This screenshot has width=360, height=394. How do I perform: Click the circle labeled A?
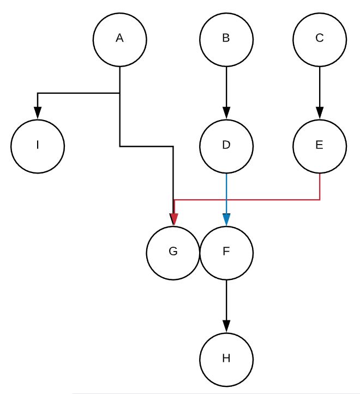(x=119, y=39)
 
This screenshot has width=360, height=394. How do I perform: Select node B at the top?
(x=226, y=39)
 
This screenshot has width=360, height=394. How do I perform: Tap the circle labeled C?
(x=320, y=39)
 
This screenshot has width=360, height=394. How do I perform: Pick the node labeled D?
(x=226, y=146)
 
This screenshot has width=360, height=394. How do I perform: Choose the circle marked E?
(x=320, y=146)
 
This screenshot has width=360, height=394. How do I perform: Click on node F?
(x=226, y=252)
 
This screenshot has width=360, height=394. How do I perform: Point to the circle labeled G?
(x=173, y=252)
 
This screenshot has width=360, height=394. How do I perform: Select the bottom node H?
(x=226, y=359)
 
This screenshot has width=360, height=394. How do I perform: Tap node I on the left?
(x=38, y=146)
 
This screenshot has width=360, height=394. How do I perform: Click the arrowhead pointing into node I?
(x=38, y=113)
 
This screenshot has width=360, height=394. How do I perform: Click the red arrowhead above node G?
(x=173, y=219)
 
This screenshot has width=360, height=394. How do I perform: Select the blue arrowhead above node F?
(x=226, y=219)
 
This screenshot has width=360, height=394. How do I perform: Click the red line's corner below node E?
(x=320, y=200)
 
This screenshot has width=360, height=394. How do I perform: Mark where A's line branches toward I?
(x=119, y=93)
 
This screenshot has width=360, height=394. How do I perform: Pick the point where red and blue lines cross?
(x=226, y=200)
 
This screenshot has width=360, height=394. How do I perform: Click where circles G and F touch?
(x=200, y=252)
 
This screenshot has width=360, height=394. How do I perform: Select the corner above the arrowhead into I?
(x=38, y=93)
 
